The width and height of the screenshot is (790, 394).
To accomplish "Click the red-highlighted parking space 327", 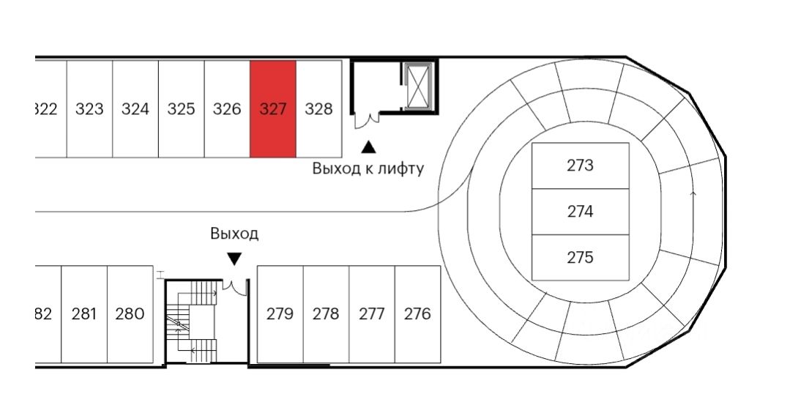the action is [272, 109].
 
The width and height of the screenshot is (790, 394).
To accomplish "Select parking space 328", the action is [318, 109].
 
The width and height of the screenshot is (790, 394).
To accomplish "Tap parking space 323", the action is [89, 109].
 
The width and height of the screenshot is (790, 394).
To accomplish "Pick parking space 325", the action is [181, 109].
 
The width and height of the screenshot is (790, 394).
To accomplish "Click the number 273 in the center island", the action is [580, 166].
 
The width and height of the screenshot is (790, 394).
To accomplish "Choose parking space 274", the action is [580, 212].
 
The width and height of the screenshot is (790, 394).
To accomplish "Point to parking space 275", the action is [580, 258].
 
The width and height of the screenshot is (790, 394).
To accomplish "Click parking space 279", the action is [280, 314].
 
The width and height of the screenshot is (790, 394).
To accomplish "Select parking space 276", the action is [417, 314].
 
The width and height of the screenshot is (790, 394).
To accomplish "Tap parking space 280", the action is [130, 314].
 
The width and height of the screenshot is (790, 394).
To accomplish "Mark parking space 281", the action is [84, 314].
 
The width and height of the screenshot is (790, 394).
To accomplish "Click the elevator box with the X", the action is [418, 86].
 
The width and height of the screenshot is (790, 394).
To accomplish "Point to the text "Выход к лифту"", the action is [368, 168].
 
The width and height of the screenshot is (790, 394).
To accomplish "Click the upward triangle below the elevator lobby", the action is [368, 147].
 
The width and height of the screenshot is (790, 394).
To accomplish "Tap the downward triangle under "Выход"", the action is [234, 259].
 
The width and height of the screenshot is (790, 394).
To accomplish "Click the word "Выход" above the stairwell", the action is [234, 234].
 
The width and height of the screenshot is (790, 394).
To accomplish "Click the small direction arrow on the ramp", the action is [693, 194].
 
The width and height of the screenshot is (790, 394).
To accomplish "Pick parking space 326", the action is [227, 109].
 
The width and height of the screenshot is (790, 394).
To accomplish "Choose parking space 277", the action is [372, 314].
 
